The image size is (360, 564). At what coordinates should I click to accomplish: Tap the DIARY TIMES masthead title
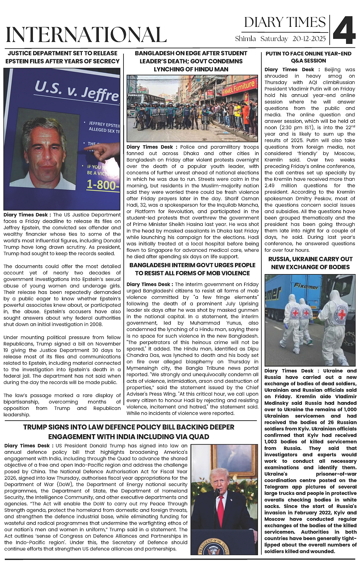(285, 22)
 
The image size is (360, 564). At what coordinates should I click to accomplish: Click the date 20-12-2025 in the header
(309, 39)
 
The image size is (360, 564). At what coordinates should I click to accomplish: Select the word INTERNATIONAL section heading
(86, 35)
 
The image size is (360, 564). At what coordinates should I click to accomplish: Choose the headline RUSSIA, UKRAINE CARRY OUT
(310, 259)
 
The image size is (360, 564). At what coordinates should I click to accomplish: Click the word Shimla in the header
(245, 39)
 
